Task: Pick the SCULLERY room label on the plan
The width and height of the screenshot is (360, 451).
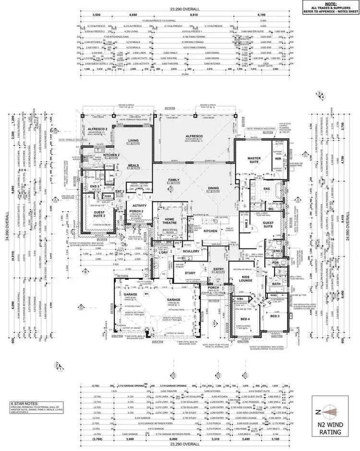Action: click(191, 251)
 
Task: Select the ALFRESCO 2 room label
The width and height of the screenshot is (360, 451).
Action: click(96, 130)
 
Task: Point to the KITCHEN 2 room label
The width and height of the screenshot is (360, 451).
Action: click(111, 155)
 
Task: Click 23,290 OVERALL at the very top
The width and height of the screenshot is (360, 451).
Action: click(180, 9)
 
